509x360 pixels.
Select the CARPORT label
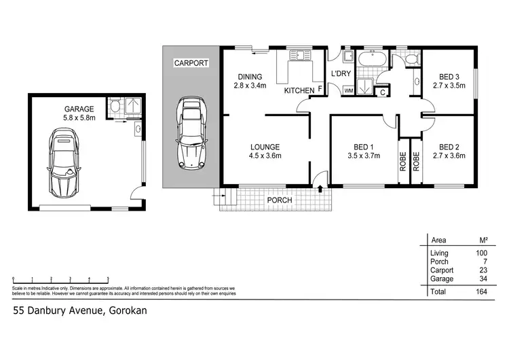[191, 63]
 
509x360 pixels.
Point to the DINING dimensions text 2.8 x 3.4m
[250, 86]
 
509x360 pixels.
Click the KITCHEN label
[299, 90]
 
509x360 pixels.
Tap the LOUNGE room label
[265, 147]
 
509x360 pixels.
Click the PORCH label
[279, 200]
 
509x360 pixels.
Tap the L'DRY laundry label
[339, 73]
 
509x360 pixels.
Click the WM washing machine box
[349, 90]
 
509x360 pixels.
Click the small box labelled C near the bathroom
[383, 90]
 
